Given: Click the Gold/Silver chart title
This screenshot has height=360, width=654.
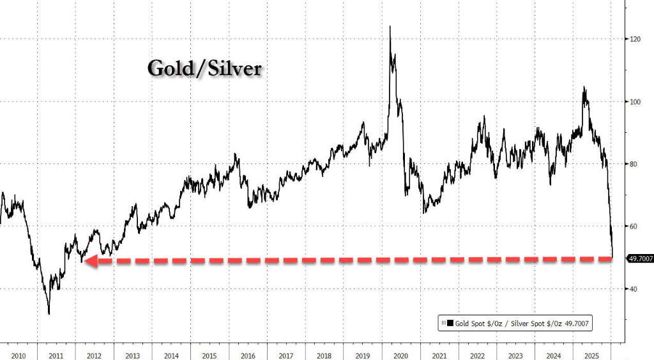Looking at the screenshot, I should pyautogui.click(x=204, y=68).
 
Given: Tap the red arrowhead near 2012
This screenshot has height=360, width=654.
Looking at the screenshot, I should pyautogui.click(x=88, y=260).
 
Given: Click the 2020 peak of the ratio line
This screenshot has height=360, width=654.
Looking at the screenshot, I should pyautogui.click(x=390, y=27).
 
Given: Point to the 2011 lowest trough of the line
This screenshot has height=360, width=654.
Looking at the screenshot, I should pyautogui.click(x=49, y=313).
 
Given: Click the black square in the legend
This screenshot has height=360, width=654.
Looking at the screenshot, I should pyautogui.click(x=450, y=324).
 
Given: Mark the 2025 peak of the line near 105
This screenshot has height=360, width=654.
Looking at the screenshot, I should pyautogui.click(x=583, y=87).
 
